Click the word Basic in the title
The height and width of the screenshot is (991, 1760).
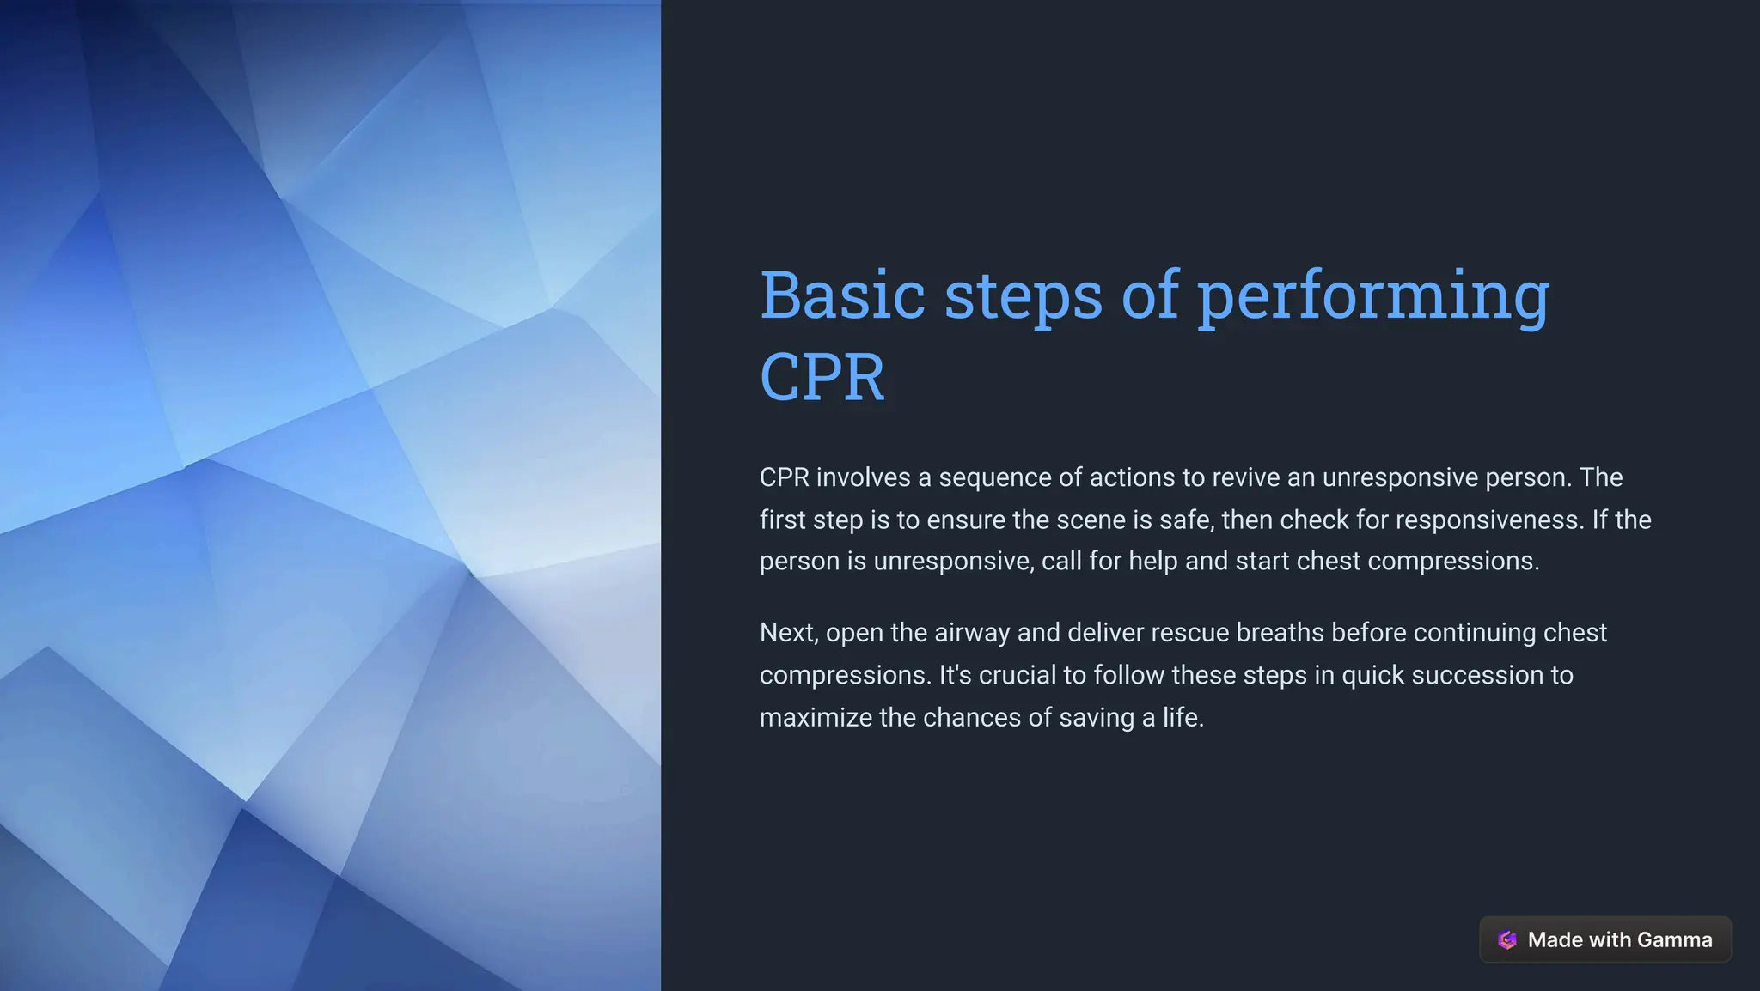[x=842, y=295]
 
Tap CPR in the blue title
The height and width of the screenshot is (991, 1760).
[x=822, y=377]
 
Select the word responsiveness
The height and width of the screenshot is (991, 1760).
[x=1488, y=520]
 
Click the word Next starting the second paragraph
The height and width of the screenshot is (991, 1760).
[x=788, y=633]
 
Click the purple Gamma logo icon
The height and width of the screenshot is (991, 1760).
[x=1506, y=940]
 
